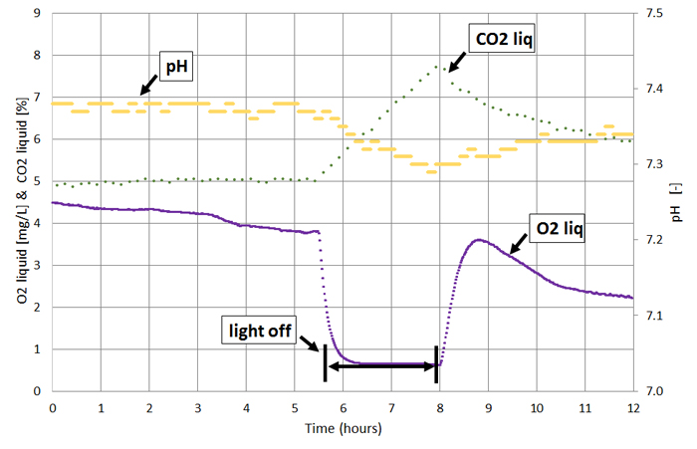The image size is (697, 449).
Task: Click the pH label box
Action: [177, 67]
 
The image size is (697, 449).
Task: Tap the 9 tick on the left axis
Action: [38, 14]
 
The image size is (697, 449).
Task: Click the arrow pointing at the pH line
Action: [147, 82]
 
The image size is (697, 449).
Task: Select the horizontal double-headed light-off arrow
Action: [381, 367]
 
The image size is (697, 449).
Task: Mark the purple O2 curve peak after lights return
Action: [479, 240]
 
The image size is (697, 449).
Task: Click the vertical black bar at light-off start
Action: [326, 362]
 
